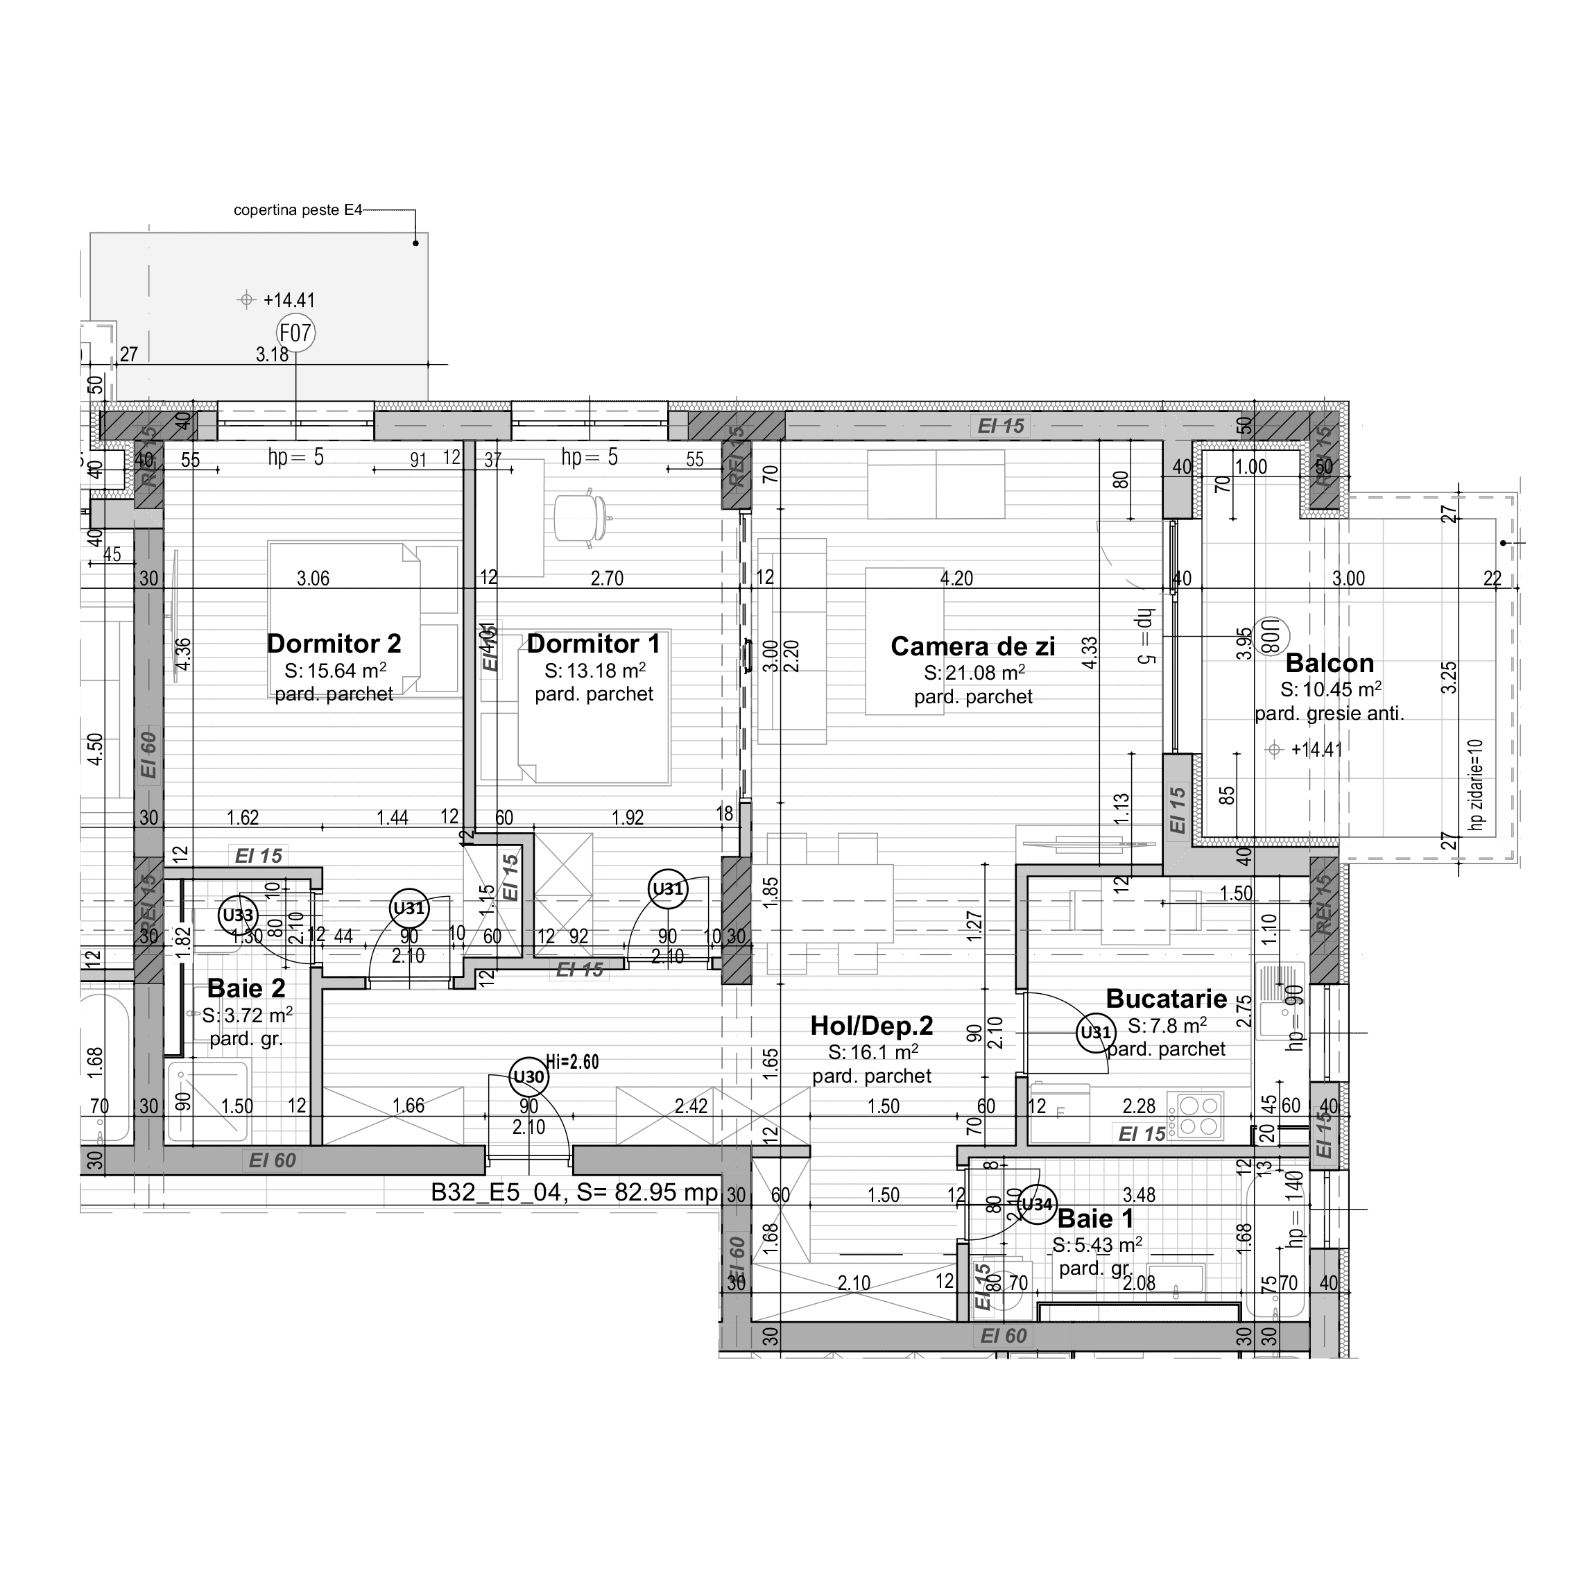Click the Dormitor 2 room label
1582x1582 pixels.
click(334, 644)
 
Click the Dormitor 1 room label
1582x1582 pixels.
click(594, 644)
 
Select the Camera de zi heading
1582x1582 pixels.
click(973, 647)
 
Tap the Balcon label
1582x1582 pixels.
click(1330, 663)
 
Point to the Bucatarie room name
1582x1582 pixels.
click(1166, 999)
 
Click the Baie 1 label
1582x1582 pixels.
click(1096, 1219)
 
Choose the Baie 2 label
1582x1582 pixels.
click(246, 988)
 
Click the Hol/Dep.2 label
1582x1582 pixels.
click(871, 1026)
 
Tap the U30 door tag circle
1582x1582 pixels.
click(528, 1077)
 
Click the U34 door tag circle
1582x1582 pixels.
click(1037, 1205)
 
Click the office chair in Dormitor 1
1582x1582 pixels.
click(581, 517)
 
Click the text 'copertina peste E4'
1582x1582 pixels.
click(298, 210)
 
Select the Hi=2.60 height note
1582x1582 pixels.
click(572, 1062)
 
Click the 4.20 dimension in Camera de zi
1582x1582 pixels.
click(956, 579)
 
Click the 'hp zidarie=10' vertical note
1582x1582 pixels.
click(1477, 784)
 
